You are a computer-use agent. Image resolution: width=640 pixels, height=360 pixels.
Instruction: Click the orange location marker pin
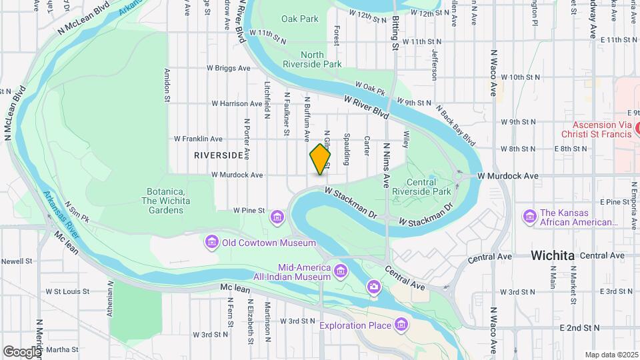[320, 159]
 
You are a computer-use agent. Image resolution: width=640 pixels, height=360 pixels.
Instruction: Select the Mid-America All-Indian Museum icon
[341, 270]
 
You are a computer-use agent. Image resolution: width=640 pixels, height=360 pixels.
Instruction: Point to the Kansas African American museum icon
[530, 217]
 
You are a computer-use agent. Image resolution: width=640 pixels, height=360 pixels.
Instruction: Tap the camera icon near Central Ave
[374, 287]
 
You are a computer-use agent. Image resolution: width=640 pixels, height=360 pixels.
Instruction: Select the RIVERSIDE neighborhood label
[219, 155]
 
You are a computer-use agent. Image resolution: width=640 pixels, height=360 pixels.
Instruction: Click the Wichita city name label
[552, 255]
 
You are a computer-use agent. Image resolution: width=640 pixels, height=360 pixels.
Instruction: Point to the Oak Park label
[299, 19]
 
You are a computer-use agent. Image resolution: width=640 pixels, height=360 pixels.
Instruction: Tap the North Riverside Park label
[321, 59]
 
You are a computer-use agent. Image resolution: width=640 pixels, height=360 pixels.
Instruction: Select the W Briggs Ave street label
[228, 68]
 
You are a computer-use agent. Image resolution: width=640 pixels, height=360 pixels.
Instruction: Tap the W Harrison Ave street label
[237, 103]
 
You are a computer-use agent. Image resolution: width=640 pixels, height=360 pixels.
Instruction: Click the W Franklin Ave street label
[198, 139]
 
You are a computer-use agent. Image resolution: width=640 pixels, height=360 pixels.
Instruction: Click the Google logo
[22, 351]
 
